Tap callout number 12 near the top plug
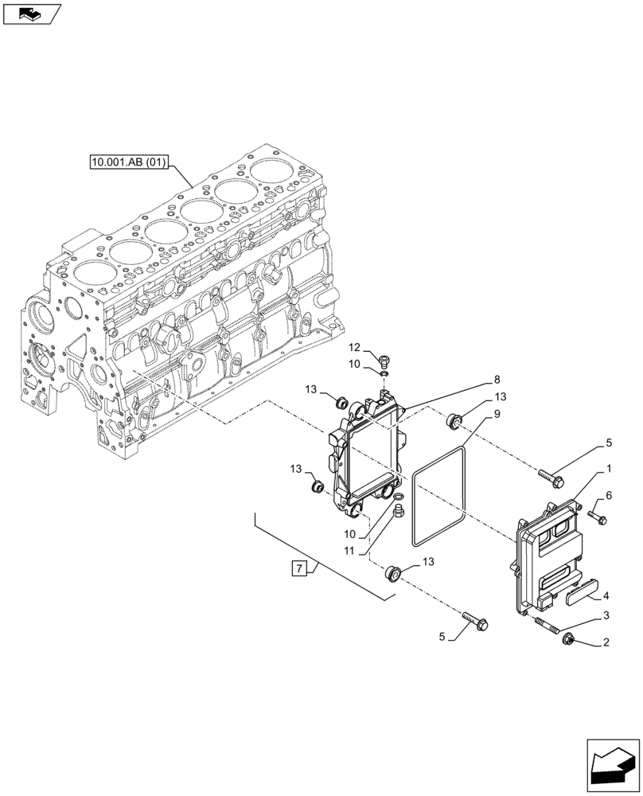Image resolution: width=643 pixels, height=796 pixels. (354, 347)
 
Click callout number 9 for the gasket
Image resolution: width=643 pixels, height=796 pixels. (496, 415)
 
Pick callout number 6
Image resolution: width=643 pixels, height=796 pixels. (609, 495)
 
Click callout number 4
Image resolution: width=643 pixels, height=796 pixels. (606, 595)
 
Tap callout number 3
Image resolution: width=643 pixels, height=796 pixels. (606, 616)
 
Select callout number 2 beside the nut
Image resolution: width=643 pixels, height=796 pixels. (606, 642)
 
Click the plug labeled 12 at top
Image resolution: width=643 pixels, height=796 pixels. (385, 359)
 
